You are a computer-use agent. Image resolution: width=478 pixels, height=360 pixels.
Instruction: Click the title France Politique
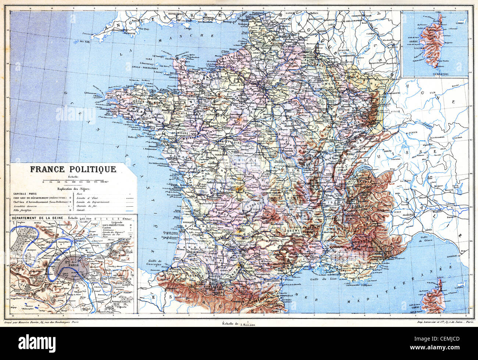click(73, 170)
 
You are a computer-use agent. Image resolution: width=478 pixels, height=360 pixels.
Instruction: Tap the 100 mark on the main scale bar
click(74, 182)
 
